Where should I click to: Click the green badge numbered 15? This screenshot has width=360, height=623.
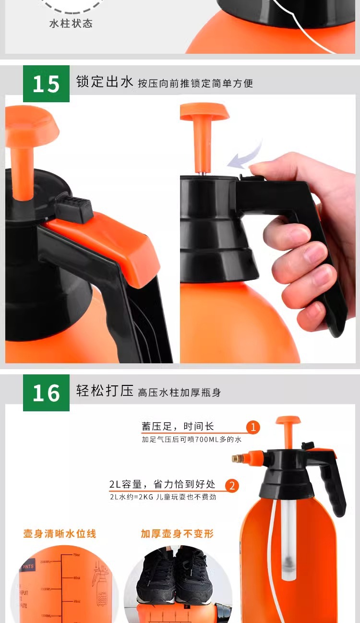click(46, 84)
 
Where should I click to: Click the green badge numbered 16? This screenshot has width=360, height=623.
click(46, 393)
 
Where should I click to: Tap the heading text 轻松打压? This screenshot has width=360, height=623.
click(105, 391)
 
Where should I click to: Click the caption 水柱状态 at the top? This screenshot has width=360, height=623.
click(71, 24)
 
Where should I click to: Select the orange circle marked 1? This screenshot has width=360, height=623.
click(253, 427)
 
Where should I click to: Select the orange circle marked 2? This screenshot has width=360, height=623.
click(231, 485)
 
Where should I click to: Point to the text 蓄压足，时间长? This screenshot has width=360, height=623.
click(178, 426)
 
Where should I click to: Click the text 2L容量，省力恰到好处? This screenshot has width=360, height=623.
click(162, 485)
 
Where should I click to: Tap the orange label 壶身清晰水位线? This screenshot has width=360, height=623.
click(60, 533)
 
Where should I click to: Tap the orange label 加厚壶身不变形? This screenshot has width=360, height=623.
click(177, 533)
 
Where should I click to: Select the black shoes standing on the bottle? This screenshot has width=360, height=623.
click(175, 578)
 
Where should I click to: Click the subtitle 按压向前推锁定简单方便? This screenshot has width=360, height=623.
click(195, 84)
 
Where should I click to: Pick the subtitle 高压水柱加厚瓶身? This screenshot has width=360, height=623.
click(179, 393)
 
